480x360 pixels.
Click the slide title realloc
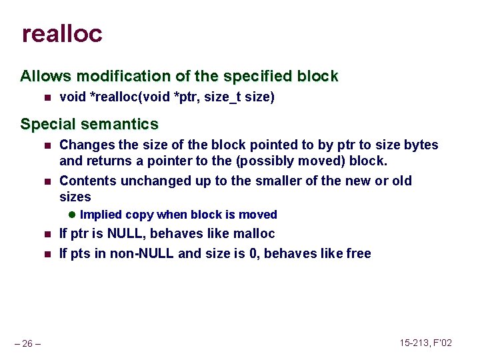(62, 34)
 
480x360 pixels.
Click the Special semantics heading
(89, 125)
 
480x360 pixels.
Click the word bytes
(421, 145)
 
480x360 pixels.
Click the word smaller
(289, 181)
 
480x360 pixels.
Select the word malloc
(251, 234)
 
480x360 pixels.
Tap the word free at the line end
(358, 253)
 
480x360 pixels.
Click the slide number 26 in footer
(27, 343)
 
